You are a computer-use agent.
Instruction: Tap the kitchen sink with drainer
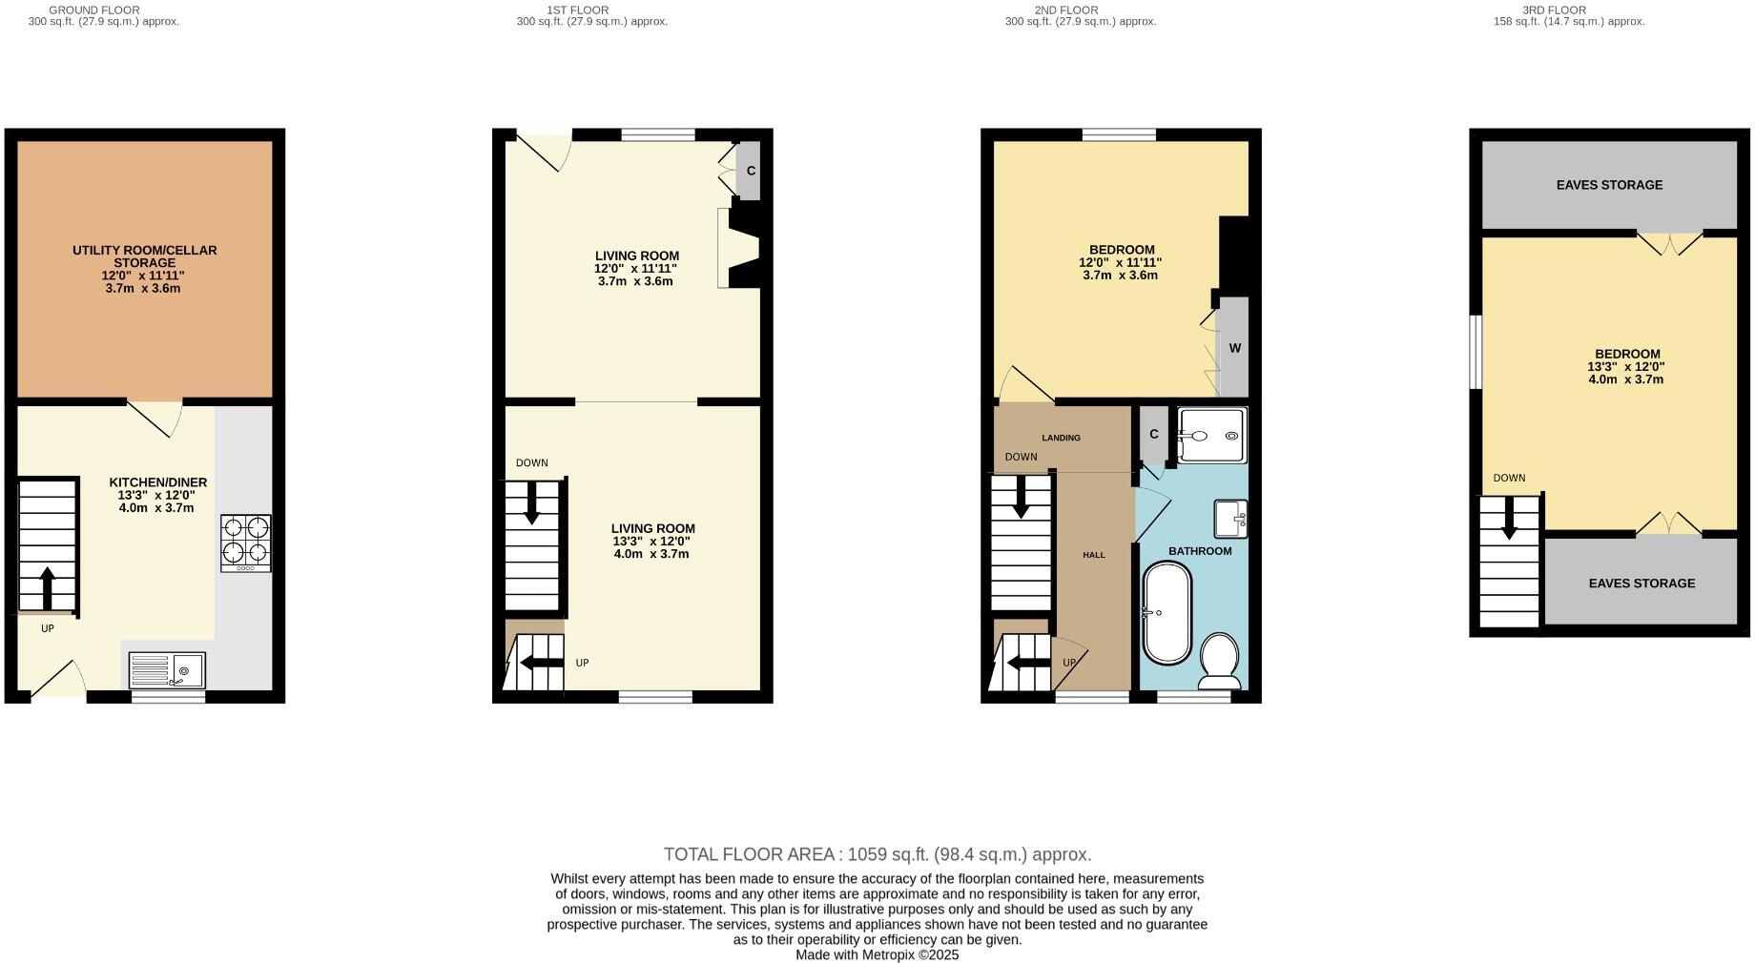pos(167,669)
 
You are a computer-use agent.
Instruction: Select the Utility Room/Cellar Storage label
pos(145,256)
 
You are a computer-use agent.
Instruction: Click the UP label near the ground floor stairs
pos(48,629)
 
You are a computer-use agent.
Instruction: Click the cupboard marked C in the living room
pos(750,171)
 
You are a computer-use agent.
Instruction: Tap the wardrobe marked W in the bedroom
pos(1234,348)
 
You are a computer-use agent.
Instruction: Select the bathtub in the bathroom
pos(1167,613)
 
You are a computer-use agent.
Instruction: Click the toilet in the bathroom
pos(1219,660)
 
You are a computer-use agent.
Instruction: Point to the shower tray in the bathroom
pos(1211,436)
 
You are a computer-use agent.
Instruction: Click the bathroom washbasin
pos(1230,519)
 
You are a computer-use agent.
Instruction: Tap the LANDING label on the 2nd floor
pos(1061,438)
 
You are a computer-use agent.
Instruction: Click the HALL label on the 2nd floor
pos(1094,555)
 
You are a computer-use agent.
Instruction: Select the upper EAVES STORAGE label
pos(1609,185)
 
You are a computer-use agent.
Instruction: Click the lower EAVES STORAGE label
pos(1641,584)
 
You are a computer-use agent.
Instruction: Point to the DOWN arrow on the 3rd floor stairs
pos(1509,520)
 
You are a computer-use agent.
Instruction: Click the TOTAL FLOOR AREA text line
pos(877,854)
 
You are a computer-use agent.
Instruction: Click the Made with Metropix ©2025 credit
pos(877,954)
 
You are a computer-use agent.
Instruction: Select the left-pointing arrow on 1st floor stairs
pos(541,663)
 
